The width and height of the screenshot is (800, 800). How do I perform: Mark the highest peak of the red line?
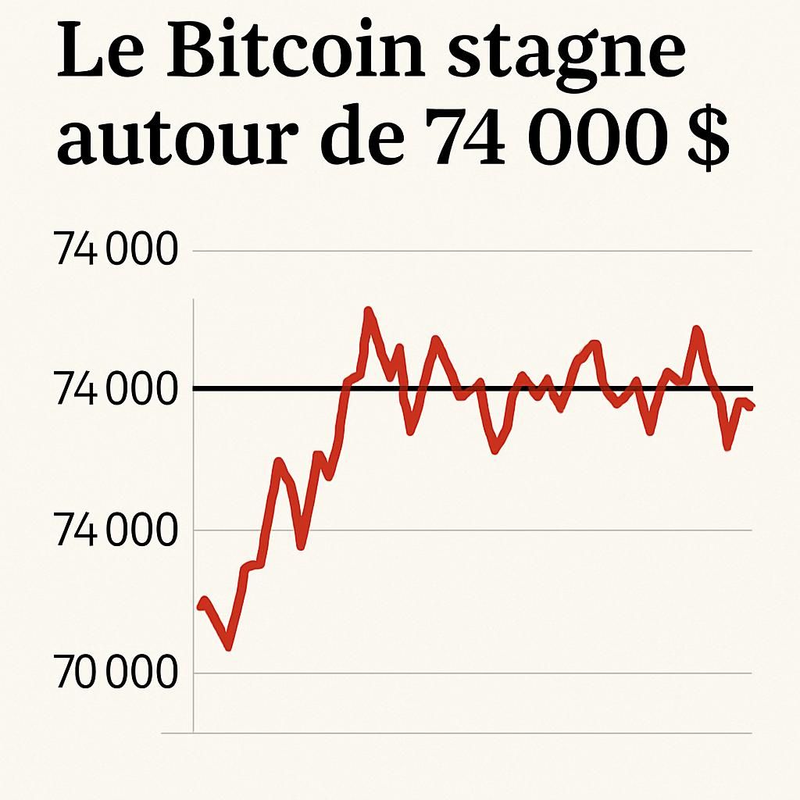[x=368, y=312]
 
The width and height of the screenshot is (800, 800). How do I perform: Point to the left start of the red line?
[x=201, y=605]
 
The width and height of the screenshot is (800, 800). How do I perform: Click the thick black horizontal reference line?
[x=469, y=388]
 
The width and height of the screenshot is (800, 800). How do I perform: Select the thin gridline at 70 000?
[x=469, y=673]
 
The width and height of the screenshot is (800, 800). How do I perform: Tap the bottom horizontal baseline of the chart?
[x=469, y=733]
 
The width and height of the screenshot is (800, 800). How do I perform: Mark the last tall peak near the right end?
[x=696, y=330]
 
